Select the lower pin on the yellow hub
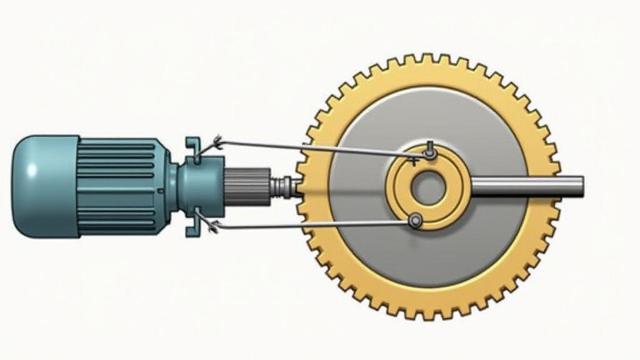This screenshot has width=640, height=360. click(x=414, y=220)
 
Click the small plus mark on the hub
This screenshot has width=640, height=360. click(x=413, y=161)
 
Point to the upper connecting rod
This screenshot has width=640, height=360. click(x=312, y=148)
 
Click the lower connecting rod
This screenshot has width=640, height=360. click(x=312, y=224)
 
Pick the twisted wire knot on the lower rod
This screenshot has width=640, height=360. click(x=215, y=226)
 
